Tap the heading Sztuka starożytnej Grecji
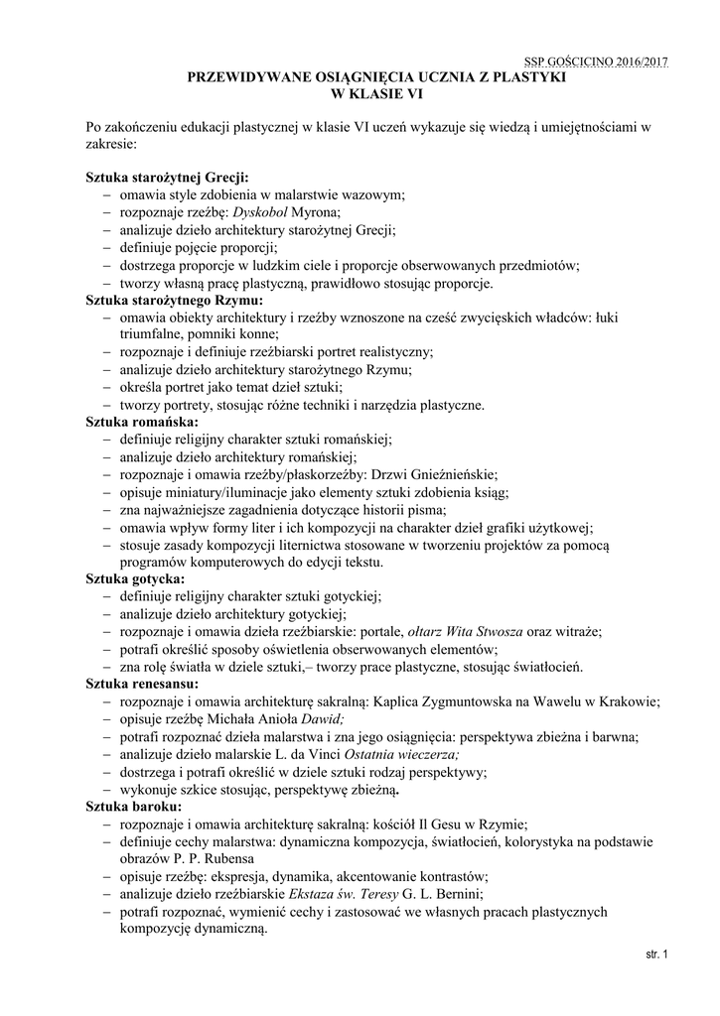point(167,177)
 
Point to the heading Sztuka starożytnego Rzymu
point(174,299)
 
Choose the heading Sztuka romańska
point(142,422)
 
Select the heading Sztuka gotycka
point(136,577)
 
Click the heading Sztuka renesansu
point(142,684)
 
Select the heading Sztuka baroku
point(133,807)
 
